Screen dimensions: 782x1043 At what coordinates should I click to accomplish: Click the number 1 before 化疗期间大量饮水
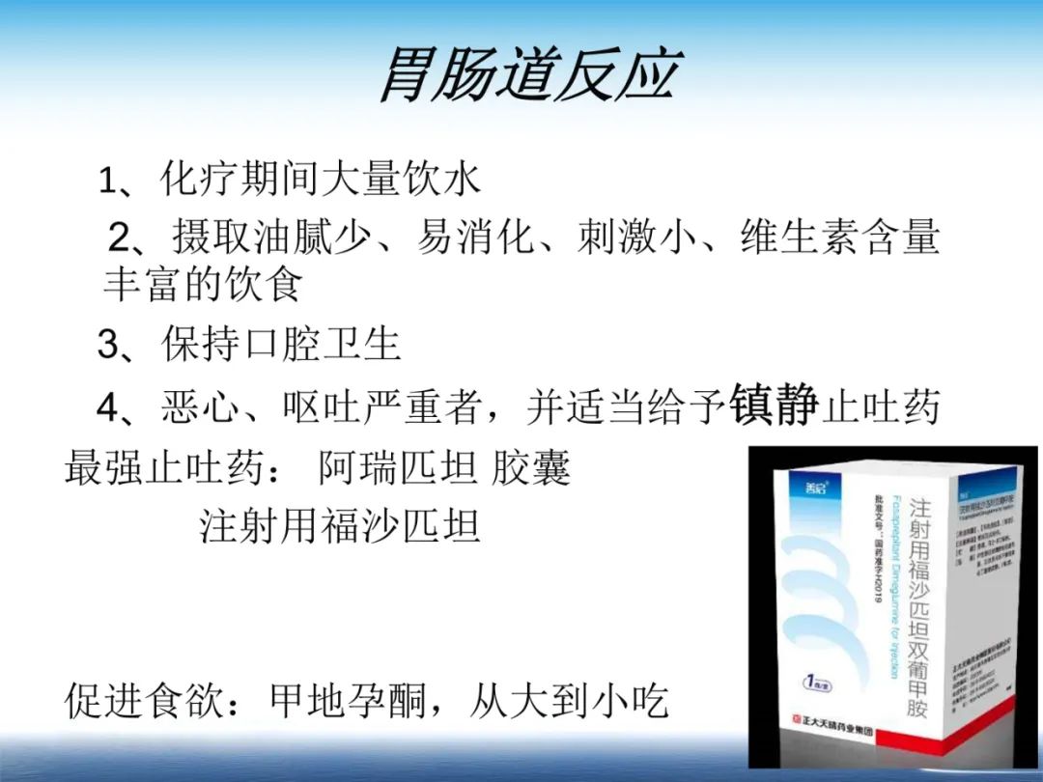[x=107, y=181]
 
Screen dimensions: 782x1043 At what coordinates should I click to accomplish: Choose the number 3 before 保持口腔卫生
[x=108, y=345]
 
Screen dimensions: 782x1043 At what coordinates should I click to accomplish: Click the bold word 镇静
[x=775, y=405]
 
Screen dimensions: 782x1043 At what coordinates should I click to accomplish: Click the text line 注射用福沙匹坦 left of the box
[x=340, y=526]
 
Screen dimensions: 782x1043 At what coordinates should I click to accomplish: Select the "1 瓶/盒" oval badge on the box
[x=820, y=681]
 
